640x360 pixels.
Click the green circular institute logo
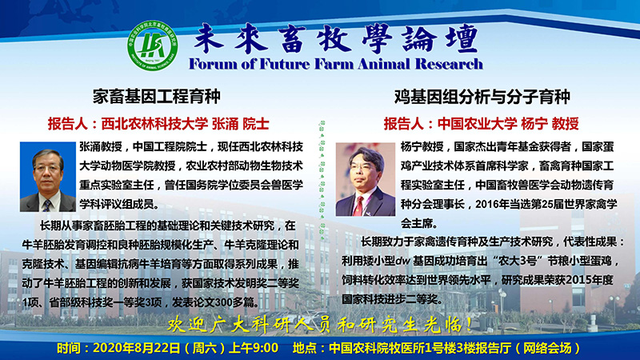coord(153,46)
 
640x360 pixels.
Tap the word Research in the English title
coord(449,64)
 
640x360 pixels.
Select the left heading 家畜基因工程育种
coord(156,97)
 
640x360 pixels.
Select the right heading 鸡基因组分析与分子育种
coord(482,97)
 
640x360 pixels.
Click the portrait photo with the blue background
coord(48,177)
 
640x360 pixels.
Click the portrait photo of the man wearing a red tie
coord(366,179)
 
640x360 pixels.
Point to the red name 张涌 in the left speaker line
coord(225,124)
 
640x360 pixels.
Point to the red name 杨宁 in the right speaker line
coord(534,124)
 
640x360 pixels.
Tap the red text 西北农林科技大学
coord(154,124)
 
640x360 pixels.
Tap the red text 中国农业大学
coord(477,124)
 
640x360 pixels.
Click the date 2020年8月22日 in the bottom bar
coord(137,348)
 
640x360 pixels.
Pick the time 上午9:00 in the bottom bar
coord(254,348)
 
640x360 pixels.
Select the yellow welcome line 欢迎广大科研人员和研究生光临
coord(320,325)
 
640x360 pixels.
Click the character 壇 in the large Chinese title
coord(462,38)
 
